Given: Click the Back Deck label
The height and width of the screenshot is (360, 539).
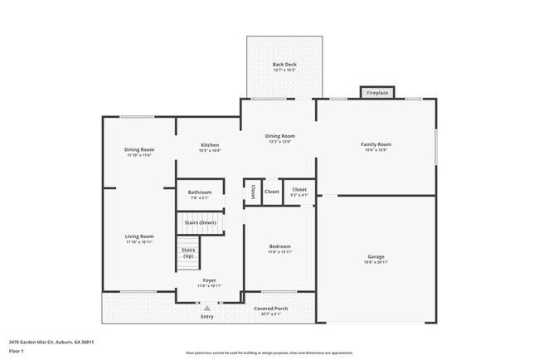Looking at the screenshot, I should [x=284, y=65].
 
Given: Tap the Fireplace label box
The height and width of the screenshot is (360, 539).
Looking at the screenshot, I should [x=377, y=93].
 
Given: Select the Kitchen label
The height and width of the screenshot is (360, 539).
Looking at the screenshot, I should [x=209, y=145].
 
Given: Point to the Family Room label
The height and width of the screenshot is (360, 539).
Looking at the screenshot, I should [x=376, y=145].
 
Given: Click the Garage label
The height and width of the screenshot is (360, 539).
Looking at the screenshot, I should [x=376, y=257].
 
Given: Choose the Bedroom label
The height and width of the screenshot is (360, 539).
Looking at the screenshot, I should [x=279, y=246].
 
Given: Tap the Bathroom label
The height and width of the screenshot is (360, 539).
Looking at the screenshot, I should [x=200, y=192].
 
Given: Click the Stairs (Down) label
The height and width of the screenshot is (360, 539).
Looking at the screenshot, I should [x=200, y=222].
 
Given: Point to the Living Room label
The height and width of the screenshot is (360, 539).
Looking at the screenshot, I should [x=139, y=236].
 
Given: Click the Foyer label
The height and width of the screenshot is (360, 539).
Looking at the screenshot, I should [x=209, y=281].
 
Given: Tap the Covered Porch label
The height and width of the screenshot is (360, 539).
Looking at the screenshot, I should [x=271, y=308].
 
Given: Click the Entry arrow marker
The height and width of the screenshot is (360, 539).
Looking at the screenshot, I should [x=206, y=308].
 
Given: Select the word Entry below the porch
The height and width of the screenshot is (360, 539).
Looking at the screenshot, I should [x=206, y=317].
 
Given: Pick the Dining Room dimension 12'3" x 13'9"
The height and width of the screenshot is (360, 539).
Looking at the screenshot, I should [x=279, y=142].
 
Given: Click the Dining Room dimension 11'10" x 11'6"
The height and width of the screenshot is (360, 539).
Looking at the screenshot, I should [x=139, y=155].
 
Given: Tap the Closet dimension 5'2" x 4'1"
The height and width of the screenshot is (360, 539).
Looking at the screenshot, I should [x=299, y=195].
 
